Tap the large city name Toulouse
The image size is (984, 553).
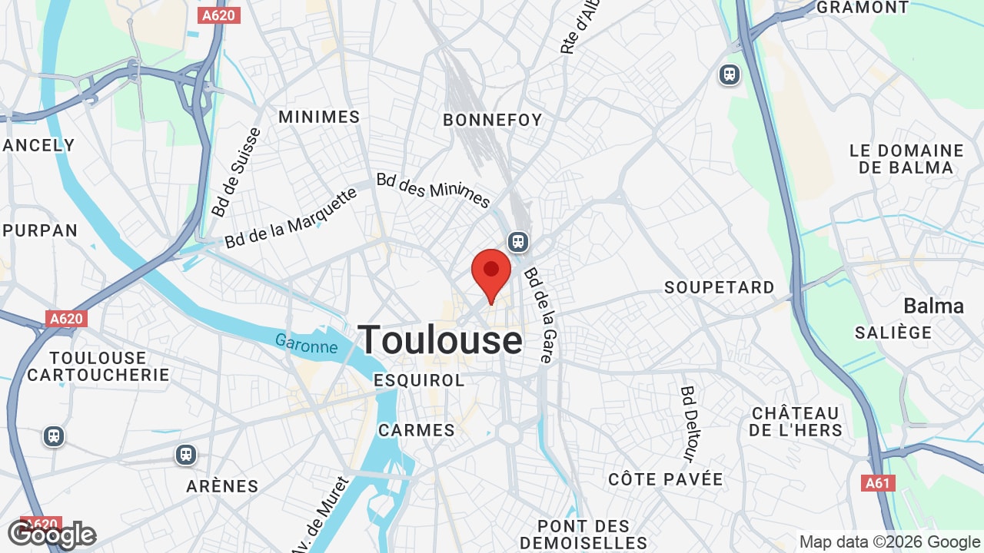tap(440, 340)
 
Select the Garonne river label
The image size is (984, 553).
tap(307, 346)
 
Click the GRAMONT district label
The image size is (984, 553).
tap(862, 8)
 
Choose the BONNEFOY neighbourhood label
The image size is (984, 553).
tap(493, 120)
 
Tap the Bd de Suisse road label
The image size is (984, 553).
tap(237, 172)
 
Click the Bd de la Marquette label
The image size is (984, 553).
tap(291, 217)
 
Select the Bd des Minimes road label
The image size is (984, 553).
tap(433, 190)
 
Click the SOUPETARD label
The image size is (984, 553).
tap(720, 287)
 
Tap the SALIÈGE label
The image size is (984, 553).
tap(893, 333)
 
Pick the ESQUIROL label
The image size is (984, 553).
tap(419, 381)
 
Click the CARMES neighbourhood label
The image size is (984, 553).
tap(417, 430)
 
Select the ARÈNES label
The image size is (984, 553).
tap(222, 486)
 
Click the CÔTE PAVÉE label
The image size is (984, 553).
tap(666, 479)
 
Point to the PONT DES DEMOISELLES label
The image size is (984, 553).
tap(583, 535)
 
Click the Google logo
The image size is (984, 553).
tap(52, 535)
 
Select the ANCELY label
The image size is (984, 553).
tap(38, 145)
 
